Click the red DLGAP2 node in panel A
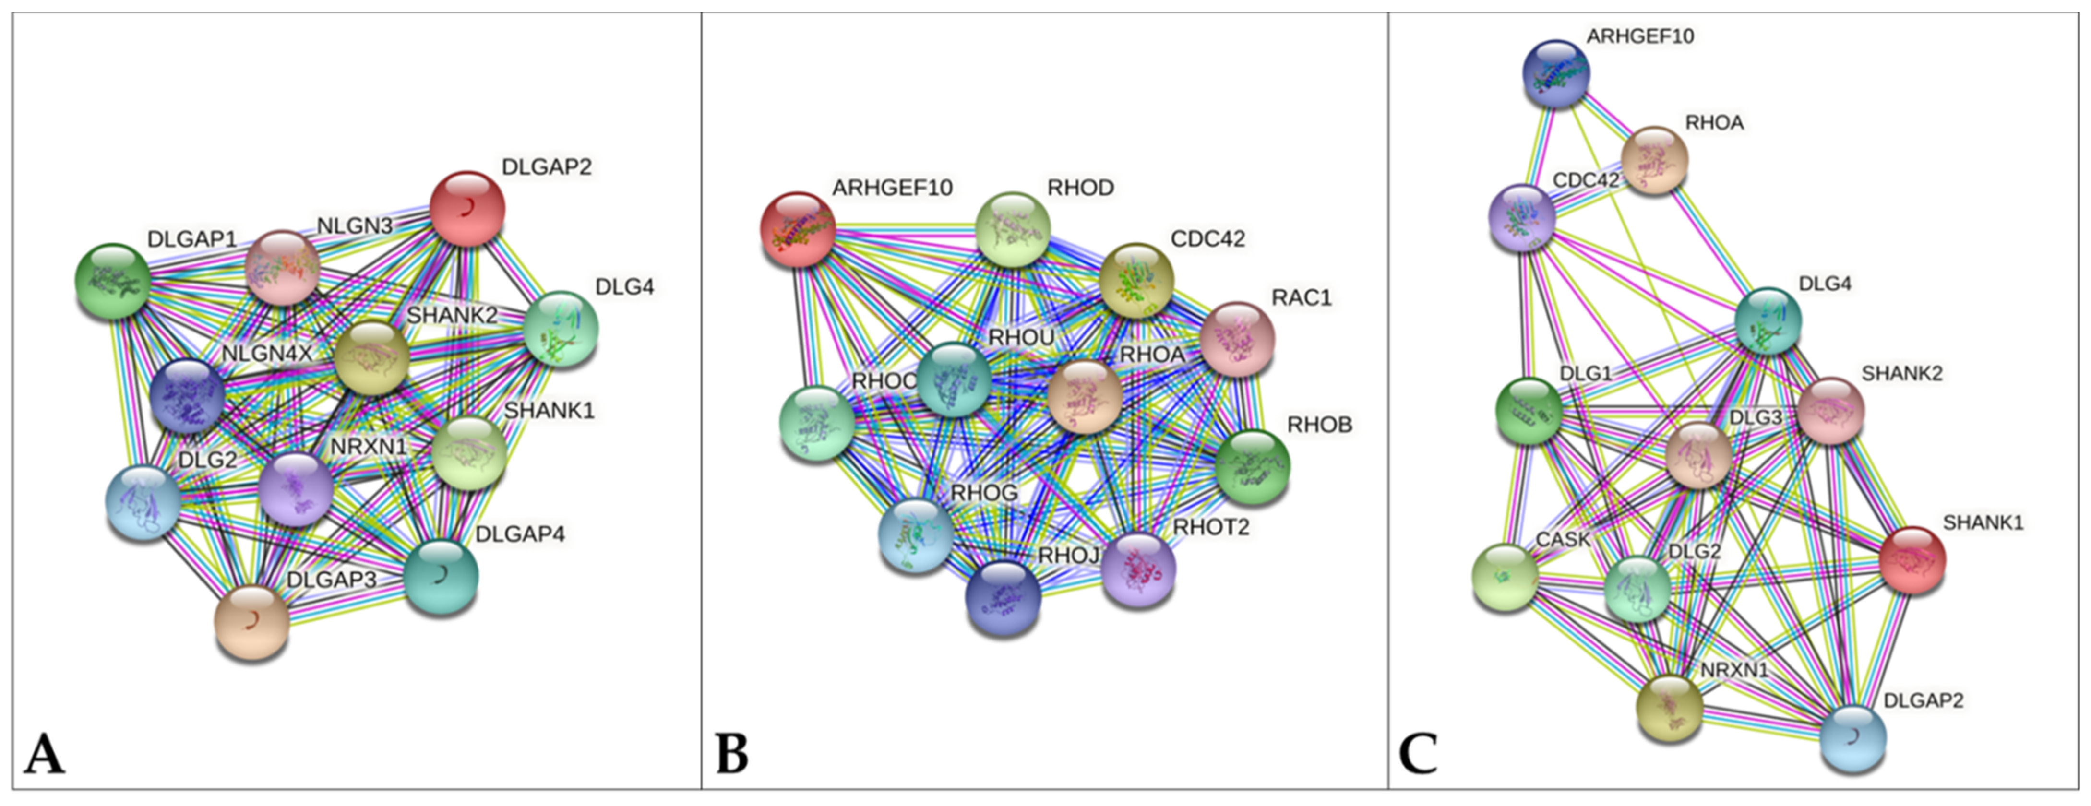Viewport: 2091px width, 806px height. pyautogui.click(x=467, y=209)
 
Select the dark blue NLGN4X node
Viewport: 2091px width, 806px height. pyautogui.click(x=188, y=397)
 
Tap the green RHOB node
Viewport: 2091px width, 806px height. pyautogui.click(x=1253, y=467)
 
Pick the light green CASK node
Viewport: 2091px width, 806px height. pyautogui.click(x=1506, y=577)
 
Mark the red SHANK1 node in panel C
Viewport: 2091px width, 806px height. pyautogui.click(x=1912, y=560)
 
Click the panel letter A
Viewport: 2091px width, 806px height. pyautogui.click(x=44, y=754)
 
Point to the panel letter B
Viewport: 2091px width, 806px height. pyautogui.click(x=732, y=754)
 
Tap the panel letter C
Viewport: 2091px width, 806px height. pyautogui.click(x=1418, y=754)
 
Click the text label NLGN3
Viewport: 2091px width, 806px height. pyautogui.click(x=355, y=225)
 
